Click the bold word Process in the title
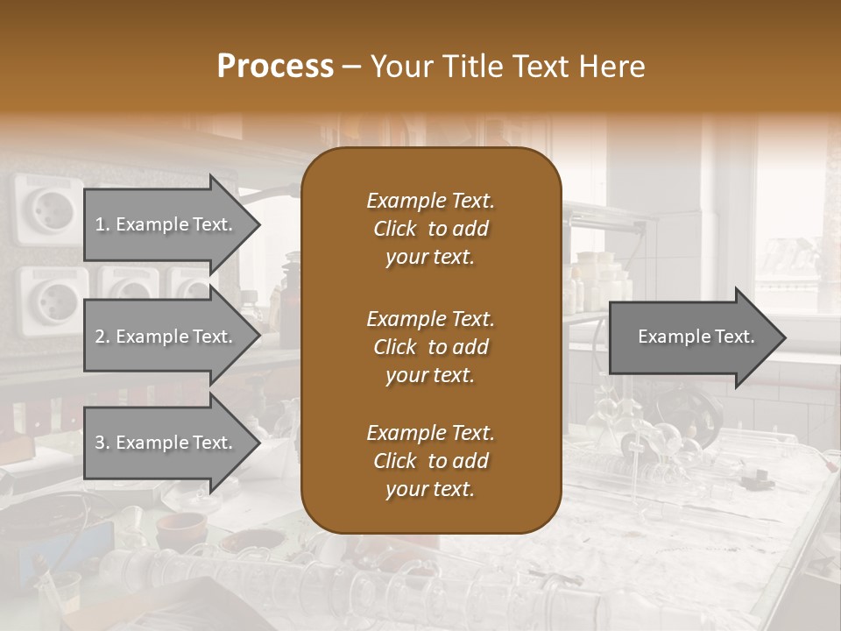click(x=275, y=66)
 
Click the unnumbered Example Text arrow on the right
click(x=696, y=337)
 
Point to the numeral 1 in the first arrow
click(x=100, y=224)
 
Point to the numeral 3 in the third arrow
click(x=100, y=443)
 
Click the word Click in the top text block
click(x=395, y=229)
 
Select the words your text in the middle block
click(x=429, y=375)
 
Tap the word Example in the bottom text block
click(x=406, y=433)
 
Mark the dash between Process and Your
click(x=352, y=67)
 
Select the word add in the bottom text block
click(x=471, y=461)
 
